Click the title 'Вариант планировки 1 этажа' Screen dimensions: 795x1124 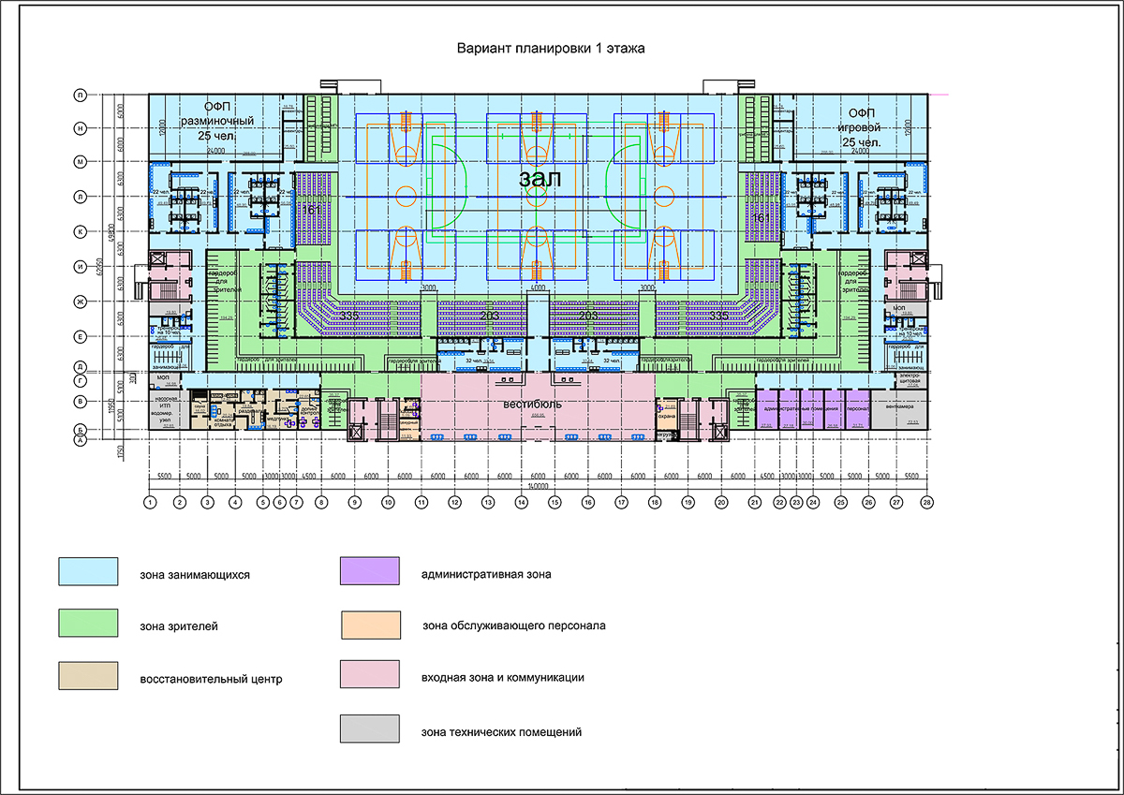551,48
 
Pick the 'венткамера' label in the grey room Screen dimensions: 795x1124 897,407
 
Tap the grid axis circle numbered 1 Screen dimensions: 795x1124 149,503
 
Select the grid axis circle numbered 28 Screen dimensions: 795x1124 927,503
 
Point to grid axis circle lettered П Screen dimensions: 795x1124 81,95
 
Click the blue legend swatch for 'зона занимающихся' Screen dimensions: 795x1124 88,570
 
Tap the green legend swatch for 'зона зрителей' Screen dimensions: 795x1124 88,623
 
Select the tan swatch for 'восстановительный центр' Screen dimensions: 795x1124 88,675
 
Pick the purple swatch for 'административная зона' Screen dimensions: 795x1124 369,570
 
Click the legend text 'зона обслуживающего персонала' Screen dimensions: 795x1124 514,626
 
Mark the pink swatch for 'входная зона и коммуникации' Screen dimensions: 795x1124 369,675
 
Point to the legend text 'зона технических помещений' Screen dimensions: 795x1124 502,731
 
